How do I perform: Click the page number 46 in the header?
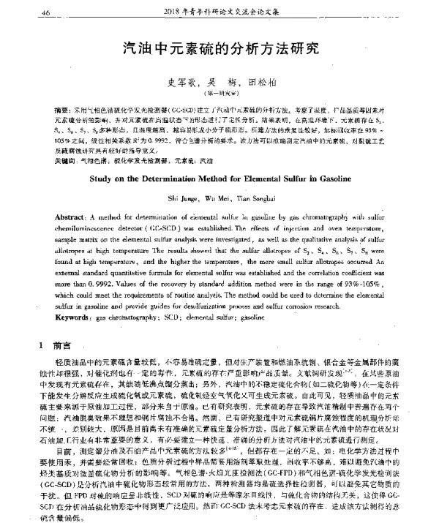[x=45, y=12]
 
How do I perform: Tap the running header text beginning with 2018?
[x=228, y=12]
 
